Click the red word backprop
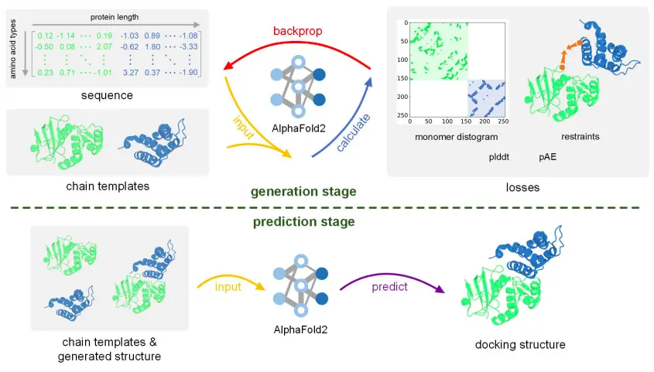click(x=297, y=31)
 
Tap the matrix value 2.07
click(x=104, y=46)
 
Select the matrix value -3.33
click(x=189, y=46)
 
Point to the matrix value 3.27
click(x=131, y=73)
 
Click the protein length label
click(x=115, y=17)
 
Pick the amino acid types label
click(x=13, y=49)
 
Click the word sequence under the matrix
click(x=107, y=95)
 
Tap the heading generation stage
click(x=303, y=192)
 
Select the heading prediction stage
click(x=303, y=221)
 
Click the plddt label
click(x=499, y=157)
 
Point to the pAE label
click(x=547, y=157)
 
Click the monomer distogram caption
click(x=457, y=137)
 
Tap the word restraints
click(x=580, y=137)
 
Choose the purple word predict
click(x=389, y=287)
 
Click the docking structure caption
click(x=520, y=344)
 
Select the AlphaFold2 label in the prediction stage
click(x=300, y=330)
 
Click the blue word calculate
click(x=353, y=132)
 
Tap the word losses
click(x=522, y=187)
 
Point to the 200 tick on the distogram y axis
click(x=403, y=97)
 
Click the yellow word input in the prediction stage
click(x=228, y=287)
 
